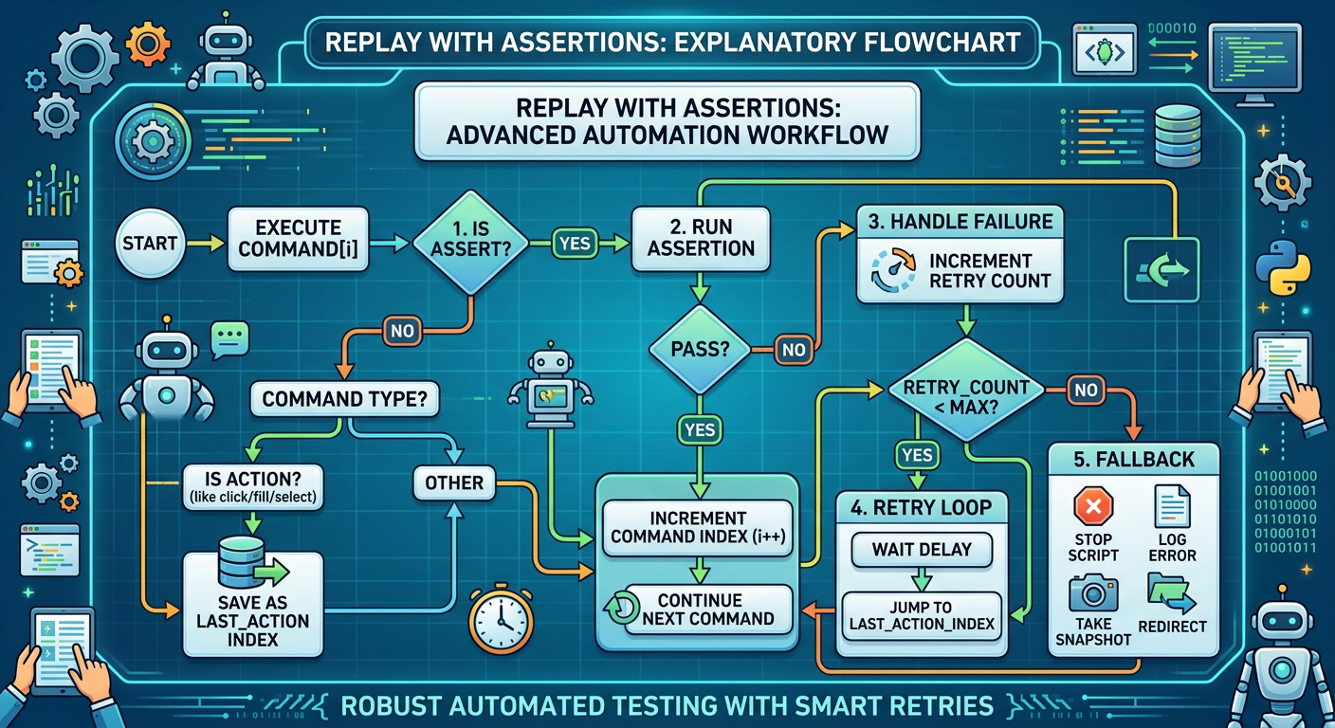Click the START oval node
click(x=150, y=244)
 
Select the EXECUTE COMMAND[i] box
click(x=298, y=238)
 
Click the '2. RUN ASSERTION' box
click(x=700, y=238)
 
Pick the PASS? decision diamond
click(x=700, y=348)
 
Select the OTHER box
click(x=454, y=482)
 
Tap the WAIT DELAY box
click(x=920, y=549)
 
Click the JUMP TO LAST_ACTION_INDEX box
click(x=920, y=616)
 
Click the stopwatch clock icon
click(x=499, y=621)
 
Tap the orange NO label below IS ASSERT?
click(x=401, y=331)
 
